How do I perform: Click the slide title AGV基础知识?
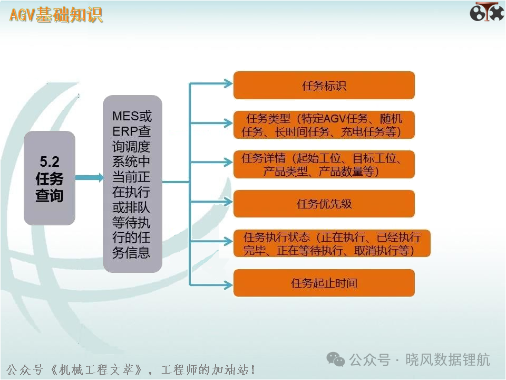click(56, 15)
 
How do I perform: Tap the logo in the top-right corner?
click(486, 12)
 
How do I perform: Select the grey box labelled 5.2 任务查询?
click(50, 178)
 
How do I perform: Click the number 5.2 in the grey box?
click(50, 161)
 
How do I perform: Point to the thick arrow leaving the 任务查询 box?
click(90, 177)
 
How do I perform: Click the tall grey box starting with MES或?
click(132, 184)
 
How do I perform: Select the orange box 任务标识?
click(324, 85)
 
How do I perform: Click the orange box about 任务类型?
click(324, 125)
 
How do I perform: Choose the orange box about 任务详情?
click(324, 165)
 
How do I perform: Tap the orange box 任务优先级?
click(324, 204)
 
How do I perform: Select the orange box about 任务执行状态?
click(332, 243)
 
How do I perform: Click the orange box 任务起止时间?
click(324, 283)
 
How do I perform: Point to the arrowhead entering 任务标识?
click(228, 84)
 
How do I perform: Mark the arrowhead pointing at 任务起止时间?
click(228, 284)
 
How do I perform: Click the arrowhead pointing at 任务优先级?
click(228, 202)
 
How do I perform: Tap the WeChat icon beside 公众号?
click(336, 359)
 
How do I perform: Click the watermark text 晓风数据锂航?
click(447, 359)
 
